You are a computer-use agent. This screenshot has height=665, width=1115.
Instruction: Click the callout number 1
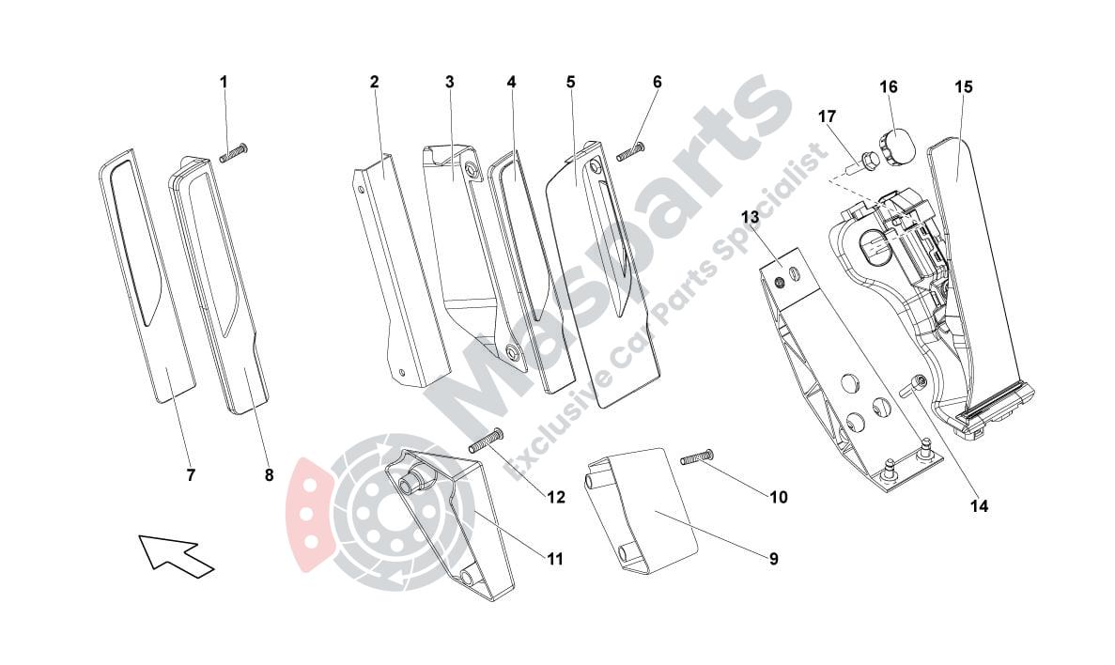pos(224,82)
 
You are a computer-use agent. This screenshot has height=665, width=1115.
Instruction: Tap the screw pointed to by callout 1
pos(233,153)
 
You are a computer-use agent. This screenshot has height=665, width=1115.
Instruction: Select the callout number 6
pos(657,82)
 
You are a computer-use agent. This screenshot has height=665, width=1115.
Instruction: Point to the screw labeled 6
pos(630,151)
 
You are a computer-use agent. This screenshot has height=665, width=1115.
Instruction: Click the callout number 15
pos(964,86)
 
